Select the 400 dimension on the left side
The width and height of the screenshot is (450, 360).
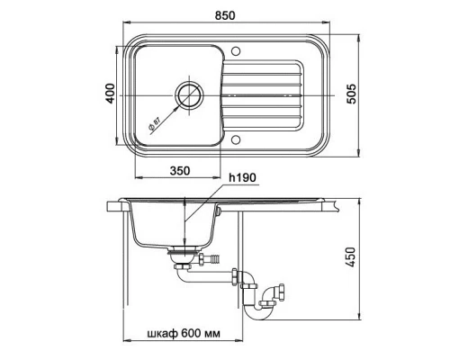click(x=109, y=93)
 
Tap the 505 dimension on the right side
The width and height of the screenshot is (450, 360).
click(x=364, y=90)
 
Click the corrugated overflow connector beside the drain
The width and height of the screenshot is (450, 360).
click(x=213, y=260)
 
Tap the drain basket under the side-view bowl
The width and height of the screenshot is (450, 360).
click(x=182, y=256)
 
